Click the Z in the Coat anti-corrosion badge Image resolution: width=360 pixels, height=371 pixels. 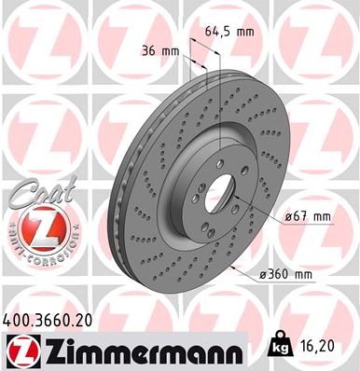tap(35, 227)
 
